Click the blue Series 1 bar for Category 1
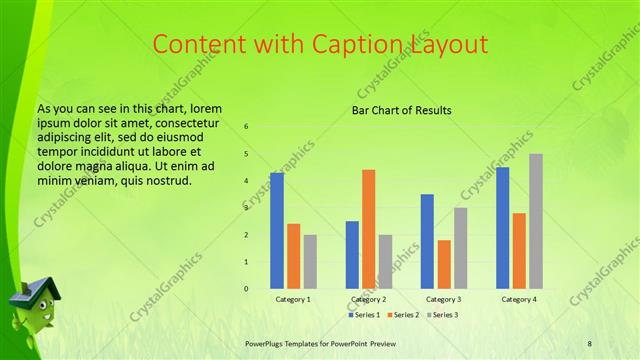277,231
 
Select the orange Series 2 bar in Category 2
369,229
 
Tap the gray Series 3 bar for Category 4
536,221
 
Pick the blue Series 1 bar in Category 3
427,241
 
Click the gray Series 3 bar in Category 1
310,262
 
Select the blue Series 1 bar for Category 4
502,228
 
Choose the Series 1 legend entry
364,315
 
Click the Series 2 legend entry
403,315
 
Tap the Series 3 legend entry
442,315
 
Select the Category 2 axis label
369,299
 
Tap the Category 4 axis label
518,299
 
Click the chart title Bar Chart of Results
402,110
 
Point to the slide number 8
589,343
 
